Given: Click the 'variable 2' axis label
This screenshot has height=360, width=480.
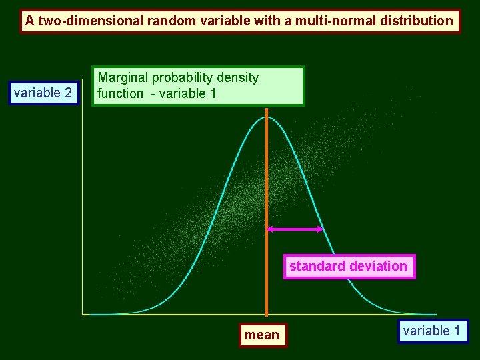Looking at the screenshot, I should tap(43, 93).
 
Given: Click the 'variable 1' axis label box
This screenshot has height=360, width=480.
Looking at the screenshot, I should tap(432, 331).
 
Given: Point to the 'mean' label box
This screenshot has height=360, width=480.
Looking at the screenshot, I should tap(262, 335).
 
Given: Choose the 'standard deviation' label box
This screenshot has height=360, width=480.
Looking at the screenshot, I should tap(348, 266).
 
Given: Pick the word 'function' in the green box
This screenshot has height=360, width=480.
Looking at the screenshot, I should tap(120, 93).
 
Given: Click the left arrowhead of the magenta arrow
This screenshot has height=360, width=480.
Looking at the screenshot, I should tap(269, 229).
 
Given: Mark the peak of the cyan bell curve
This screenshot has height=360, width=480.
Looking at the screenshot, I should tap(267, 117).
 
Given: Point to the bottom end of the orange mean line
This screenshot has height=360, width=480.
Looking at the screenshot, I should tap(267, 314).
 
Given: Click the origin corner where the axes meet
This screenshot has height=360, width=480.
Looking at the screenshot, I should tap(82, 314).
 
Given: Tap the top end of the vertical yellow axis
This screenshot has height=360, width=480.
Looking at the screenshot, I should tap(81, 100).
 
